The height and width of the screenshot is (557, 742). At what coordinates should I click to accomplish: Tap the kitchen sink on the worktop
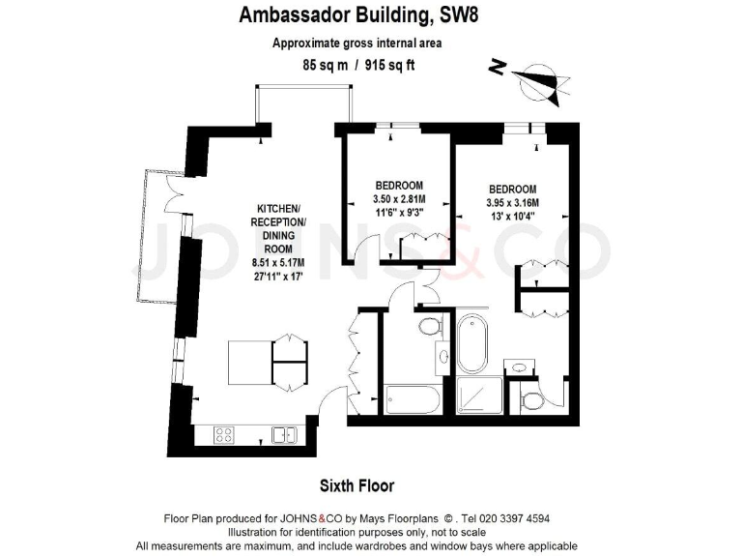[285, 435]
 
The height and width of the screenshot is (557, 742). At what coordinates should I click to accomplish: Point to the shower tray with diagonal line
[479, 396]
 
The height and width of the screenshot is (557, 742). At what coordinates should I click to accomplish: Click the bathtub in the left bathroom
[413, 398]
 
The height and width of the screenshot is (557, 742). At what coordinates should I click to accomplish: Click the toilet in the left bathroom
[428, 329]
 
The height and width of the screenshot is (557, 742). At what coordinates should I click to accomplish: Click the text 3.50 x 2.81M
[399, 200]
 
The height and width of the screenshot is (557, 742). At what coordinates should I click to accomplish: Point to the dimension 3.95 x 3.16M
[512, 202]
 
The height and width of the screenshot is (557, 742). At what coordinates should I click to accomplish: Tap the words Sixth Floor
[357, 485]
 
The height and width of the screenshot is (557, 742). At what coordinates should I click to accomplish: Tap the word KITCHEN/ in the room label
[279, 210]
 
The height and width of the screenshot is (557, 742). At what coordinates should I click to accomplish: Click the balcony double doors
[175, 190]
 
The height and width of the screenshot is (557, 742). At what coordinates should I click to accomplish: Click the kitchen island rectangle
[249, 361]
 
